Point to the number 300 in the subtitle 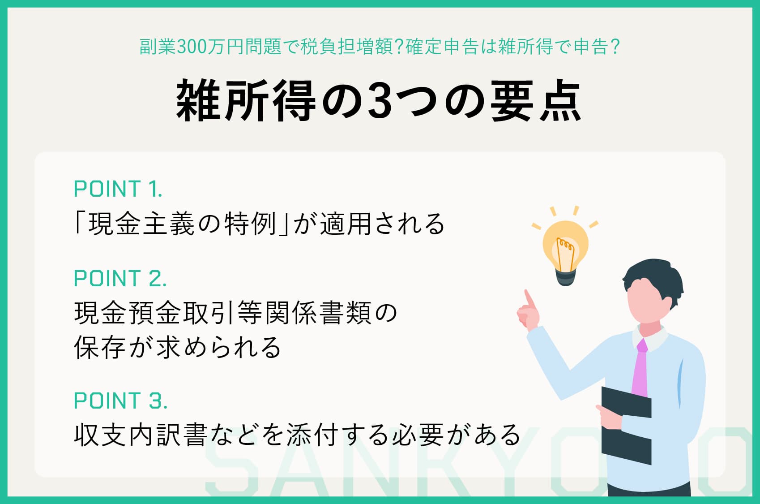click(190, 47)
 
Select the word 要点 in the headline click(536, 101)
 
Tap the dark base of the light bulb click(566, 277)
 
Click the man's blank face click(647, 305)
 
